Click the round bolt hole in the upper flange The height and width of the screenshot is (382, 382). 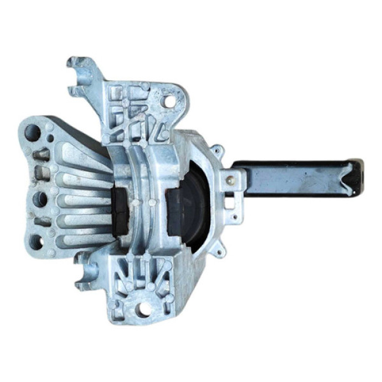click(170, 101)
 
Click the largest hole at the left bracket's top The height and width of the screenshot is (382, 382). click(32, 132)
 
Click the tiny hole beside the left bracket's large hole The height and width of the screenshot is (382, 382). click(50, 129)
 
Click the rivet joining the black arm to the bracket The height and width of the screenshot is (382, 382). click(233, 180)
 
